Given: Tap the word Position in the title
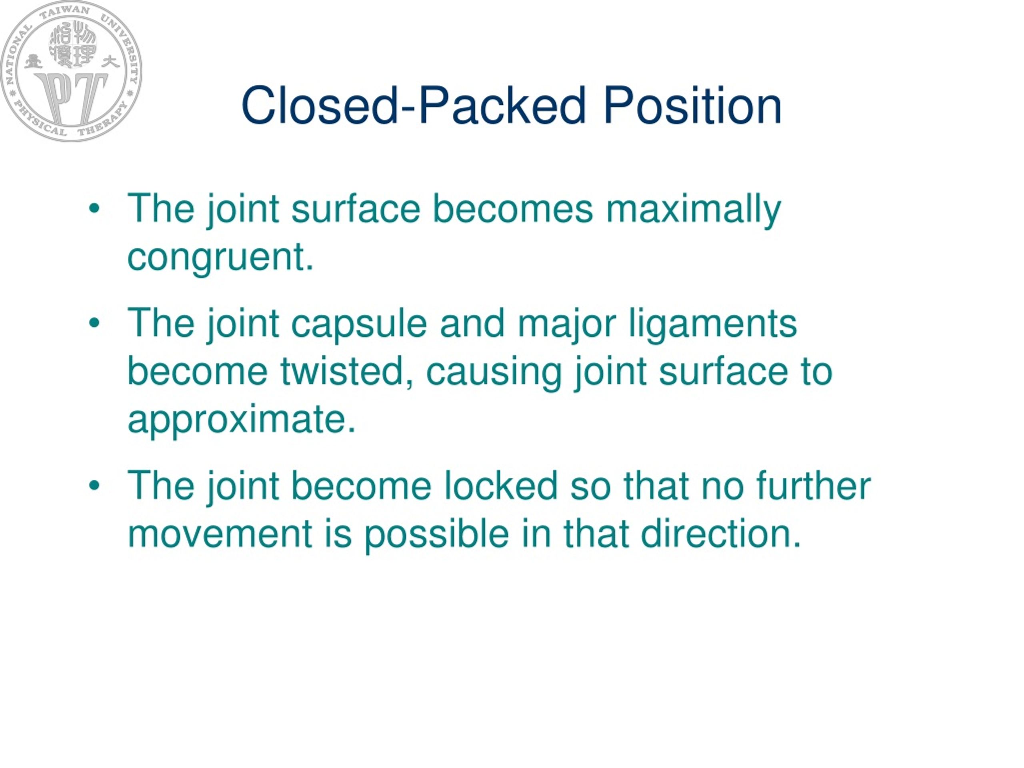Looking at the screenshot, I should coord(692,106).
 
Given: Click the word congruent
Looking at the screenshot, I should coord(220,257).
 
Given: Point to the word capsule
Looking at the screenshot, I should coord(359,324).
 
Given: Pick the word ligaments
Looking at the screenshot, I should coord(712,324).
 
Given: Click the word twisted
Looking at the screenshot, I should coord(347,371).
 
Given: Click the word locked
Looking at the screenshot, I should coord(501,486).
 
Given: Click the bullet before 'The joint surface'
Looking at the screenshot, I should coord(94,209).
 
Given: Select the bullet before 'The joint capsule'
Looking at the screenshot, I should coord(94,323).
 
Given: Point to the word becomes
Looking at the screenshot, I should coord(512,209).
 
